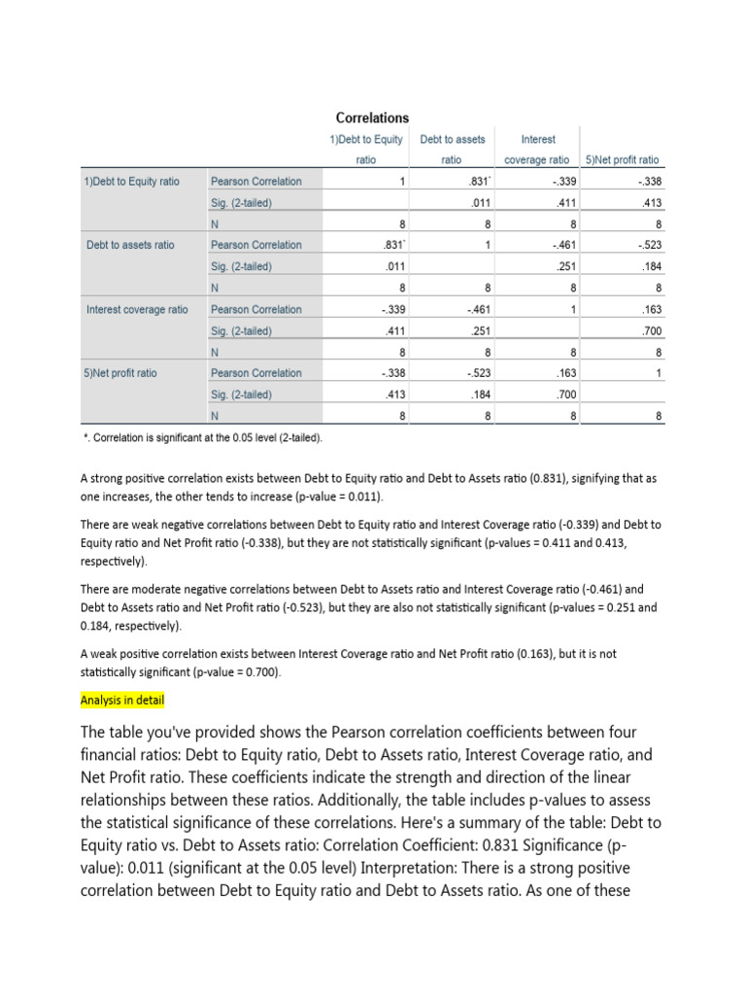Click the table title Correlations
(372, 118)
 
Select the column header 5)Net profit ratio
(621, 159)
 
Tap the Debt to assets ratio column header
(452, 149)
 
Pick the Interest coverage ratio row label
(137, 310)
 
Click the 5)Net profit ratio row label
(121, 373)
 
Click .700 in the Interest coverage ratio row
(651, 331)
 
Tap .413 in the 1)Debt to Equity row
(651, 203)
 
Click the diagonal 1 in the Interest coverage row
(575, 310)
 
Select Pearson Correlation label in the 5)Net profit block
(255, 373)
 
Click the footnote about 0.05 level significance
(203, 437)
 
